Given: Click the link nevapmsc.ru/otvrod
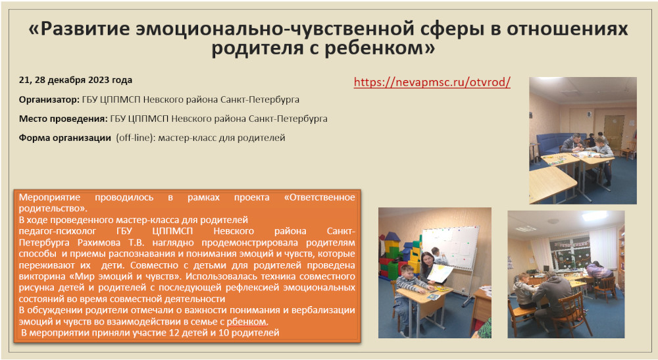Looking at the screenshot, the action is [x=432, y=82].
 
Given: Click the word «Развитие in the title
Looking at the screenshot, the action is [x=79, y=29].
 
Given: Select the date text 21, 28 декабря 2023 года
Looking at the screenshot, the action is [x=76, y=80].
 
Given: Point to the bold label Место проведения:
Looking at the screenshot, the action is [x=63, y=118].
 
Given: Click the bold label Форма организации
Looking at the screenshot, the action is [x=65, y=138].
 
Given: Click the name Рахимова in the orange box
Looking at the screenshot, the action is [x=99, y=242].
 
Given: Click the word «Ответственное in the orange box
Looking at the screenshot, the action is [x=319, y=197].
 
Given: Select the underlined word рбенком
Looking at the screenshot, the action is [x=247, y=322].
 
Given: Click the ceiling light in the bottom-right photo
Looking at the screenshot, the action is [x=594, y=216].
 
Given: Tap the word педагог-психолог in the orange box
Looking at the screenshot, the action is [x=57, y=231].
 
